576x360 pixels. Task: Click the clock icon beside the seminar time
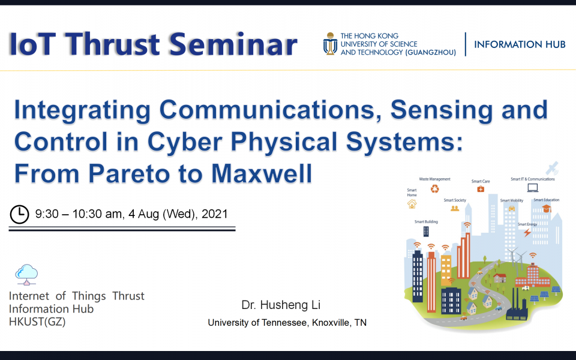(20, 214)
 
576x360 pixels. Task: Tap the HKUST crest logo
(330, 44)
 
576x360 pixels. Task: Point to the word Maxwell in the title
(262, 173)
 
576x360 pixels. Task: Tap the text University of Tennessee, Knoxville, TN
(287, 323)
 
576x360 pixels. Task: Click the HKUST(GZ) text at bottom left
(37, 322)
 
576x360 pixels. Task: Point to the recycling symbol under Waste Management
(434, 189)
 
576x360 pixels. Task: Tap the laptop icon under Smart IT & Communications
(532, 188)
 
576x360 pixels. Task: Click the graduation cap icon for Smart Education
(546, 208)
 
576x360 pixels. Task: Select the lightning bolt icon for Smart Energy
(527, 233)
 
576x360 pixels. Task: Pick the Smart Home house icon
(412, 204)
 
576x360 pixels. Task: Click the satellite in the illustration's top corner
(551, 167)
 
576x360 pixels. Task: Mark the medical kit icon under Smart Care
(481, 189)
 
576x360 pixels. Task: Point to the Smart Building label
(426, 222)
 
